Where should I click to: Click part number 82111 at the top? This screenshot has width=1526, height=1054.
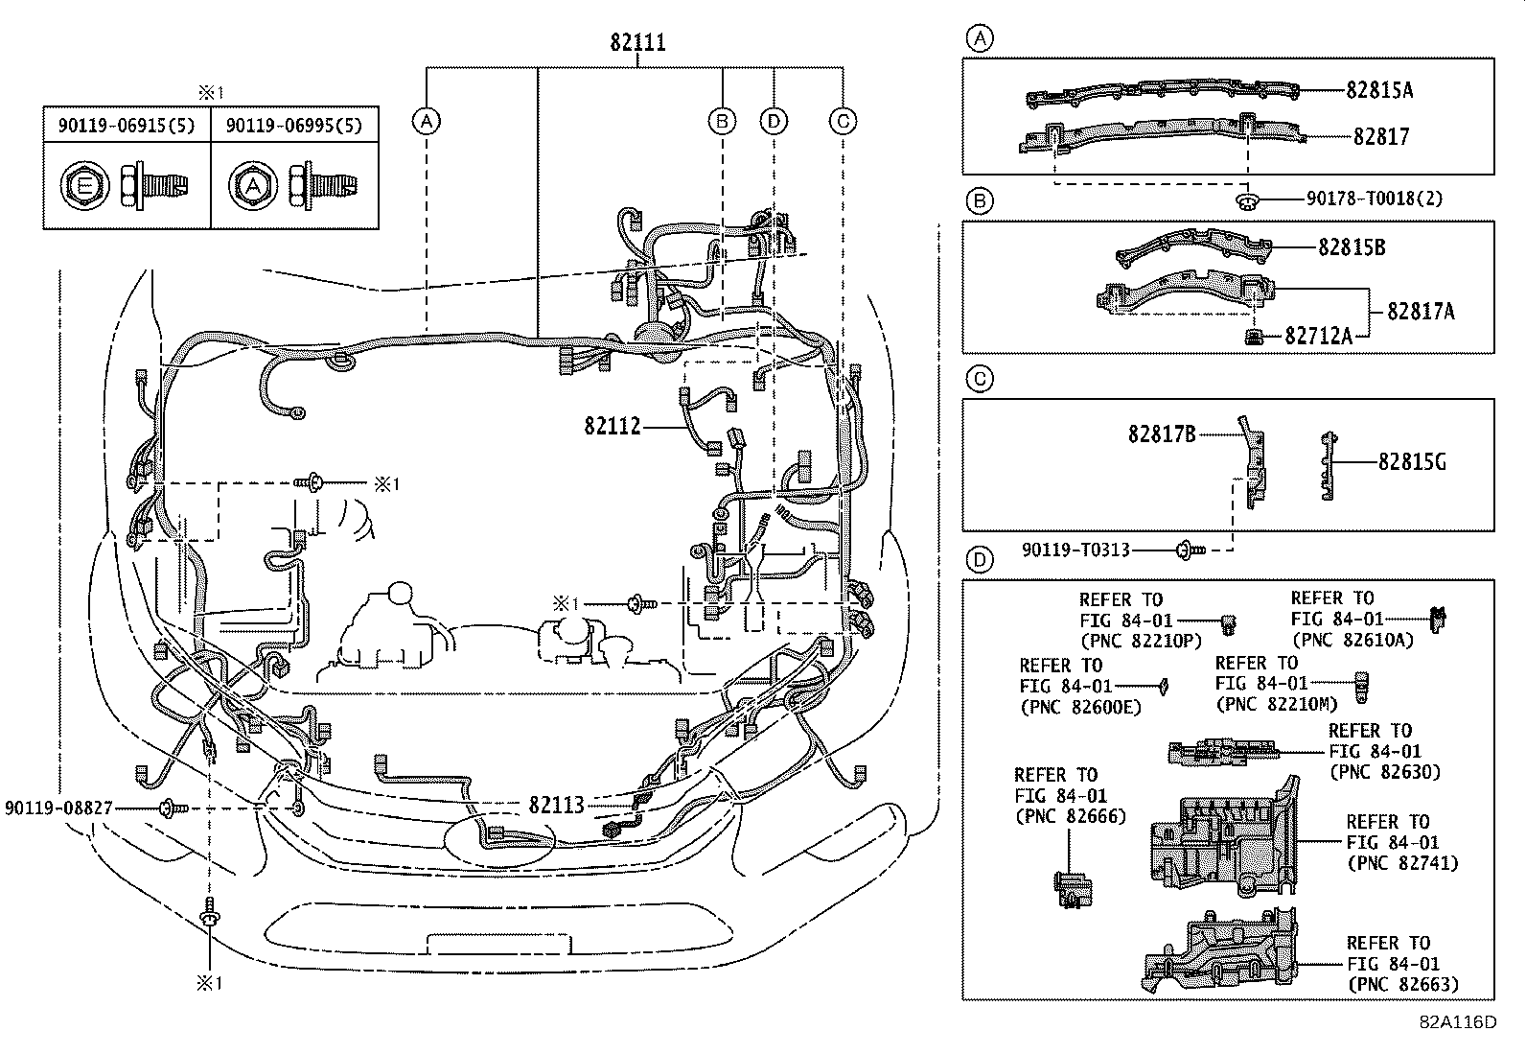[637, 42]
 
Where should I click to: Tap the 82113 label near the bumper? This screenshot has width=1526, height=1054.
[556, 805]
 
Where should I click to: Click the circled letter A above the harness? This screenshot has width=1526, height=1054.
[427, 121]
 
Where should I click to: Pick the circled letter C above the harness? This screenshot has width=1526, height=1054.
[843, 121]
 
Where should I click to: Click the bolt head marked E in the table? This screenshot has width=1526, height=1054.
[83, 186]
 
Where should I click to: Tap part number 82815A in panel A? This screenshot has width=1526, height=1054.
[1379, 89]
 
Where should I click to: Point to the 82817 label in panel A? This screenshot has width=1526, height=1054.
[1381, 137]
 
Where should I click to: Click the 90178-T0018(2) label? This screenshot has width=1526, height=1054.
[1374, 199]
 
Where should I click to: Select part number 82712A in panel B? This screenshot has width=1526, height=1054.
[1318, 336]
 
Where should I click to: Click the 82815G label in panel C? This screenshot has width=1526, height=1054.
[1412, 462]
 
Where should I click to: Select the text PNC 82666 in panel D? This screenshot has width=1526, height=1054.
[1070, 816]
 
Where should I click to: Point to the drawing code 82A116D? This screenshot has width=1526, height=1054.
[1457, 1022]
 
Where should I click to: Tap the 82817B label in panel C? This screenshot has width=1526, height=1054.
[1162, 434]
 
